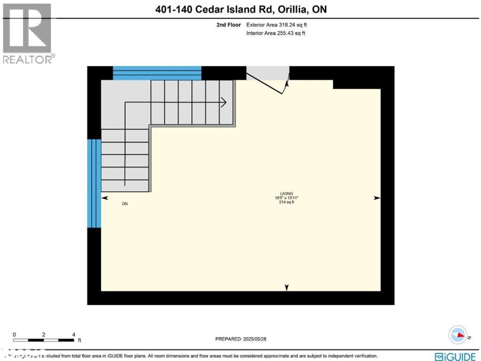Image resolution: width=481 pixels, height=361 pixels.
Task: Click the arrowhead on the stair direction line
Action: pos(224,103)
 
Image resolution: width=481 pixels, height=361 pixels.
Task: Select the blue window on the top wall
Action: pos(157,73)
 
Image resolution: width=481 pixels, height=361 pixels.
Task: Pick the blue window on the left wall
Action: pos(94,183)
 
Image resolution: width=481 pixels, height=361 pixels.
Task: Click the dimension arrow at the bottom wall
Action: pos(286,288)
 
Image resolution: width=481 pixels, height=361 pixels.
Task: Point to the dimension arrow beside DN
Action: pos(105,197)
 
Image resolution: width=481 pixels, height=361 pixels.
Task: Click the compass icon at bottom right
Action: pos(458,336)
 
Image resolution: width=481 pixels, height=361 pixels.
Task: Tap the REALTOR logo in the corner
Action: pos(28,33)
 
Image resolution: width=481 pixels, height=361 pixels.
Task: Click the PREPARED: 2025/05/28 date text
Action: pos(240,339)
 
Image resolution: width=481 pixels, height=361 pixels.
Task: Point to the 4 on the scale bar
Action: pos(73,334)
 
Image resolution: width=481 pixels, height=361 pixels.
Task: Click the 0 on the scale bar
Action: pos(14,334)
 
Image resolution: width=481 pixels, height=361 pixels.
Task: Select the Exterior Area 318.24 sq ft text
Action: pos(276,25)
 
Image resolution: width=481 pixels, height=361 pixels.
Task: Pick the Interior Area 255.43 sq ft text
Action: pos(276,33)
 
